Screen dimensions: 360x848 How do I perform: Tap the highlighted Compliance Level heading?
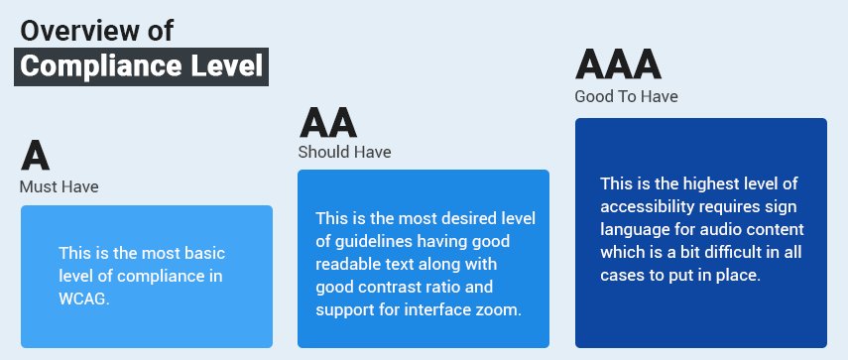tap(142, 67)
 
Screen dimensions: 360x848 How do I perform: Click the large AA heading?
tap(327, 122)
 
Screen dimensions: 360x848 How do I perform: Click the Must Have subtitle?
tap(59, 186)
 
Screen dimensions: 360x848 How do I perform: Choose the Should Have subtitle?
tap(344, 152)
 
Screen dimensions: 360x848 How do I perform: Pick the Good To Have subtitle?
tap(626, 96)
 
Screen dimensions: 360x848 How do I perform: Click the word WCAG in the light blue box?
tap(83, 298)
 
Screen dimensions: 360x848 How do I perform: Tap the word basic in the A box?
tap(215, 252)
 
